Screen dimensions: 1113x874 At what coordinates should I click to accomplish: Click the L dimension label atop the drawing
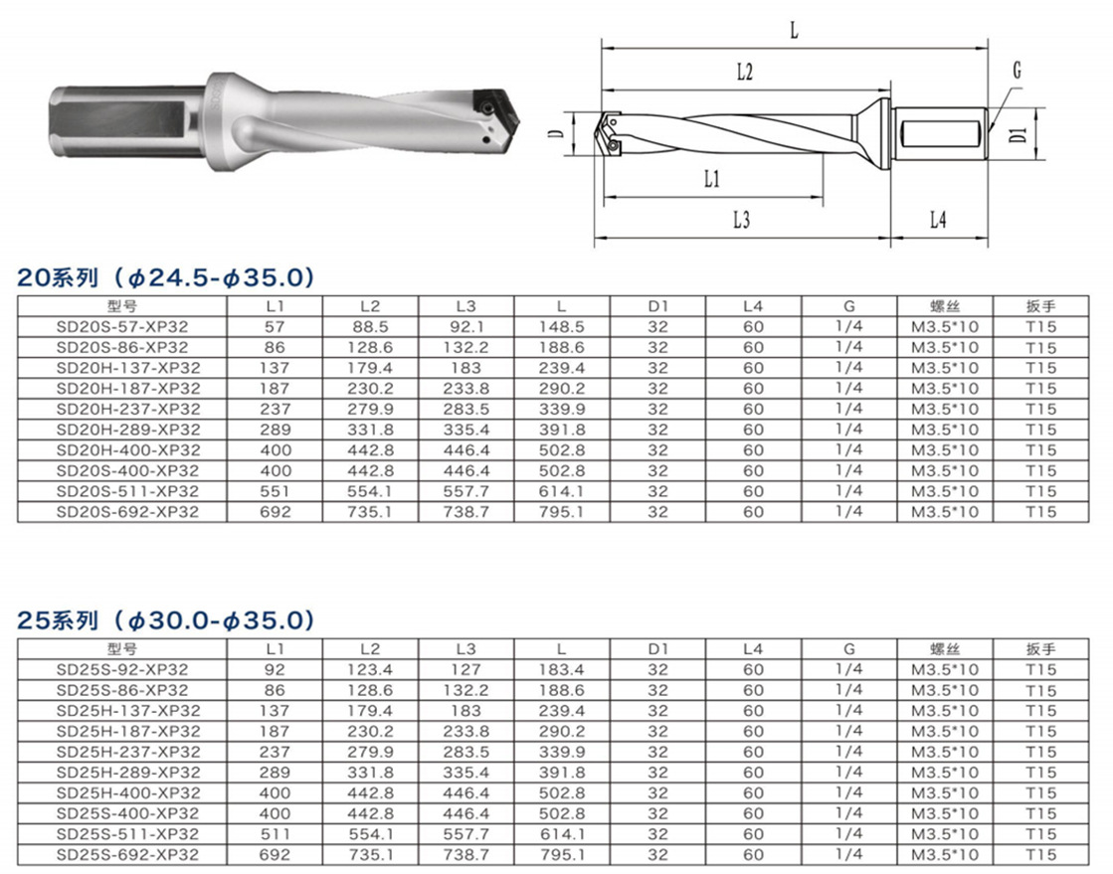pyautogui.click(x=795, y=31)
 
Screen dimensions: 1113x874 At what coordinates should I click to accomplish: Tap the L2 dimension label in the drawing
pyautogui.click(x=744, y=73)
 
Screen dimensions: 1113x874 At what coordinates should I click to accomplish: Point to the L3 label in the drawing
pyautogui.click(x=741, y=221)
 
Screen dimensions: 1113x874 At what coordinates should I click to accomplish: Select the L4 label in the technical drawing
pyautogui.click(x=938, y=220)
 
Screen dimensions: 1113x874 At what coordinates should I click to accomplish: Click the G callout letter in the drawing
pyautogui.click(x=1018, y=71)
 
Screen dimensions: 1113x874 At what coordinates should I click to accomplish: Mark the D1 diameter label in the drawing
pyautogui.click(x=1020, y=132)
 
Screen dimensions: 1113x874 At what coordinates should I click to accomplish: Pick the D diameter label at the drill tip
pyautogui.click(x=557, y=133)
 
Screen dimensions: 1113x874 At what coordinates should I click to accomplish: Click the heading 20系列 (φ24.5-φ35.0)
pyautogui.click(x=165, y=277)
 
